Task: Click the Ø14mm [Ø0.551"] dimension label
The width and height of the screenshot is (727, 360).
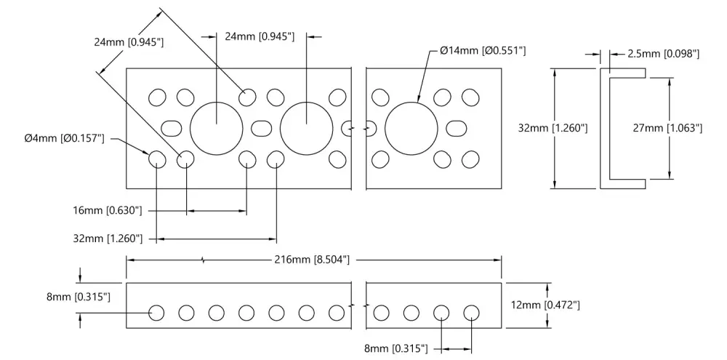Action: point(483,50)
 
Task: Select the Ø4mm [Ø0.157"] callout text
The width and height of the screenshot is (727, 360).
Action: point(65,138)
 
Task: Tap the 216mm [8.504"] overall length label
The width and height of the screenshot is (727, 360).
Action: point(312,260)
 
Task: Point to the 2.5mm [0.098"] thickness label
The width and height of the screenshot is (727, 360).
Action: point(663,55)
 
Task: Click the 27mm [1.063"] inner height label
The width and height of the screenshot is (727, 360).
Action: point(667,128)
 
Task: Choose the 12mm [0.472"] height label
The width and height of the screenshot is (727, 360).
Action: point(545,305)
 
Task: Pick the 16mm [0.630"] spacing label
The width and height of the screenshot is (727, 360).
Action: point(107,211)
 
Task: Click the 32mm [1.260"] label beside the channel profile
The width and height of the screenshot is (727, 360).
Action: point(553,128)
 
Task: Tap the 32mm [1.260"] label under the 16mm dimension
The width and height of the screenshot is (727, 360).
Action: point(108,239)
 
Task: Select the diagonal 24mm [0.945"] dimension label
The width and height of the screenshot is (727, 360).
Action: point(129,42)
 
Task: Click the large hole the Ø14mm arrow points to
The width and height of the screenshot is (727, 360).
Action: point(411,128)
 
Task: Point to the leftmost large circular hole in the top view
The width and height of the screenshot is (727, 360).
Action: point(217,128)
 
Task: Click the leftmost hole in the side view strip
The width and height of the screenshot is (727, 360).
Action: point(157,313)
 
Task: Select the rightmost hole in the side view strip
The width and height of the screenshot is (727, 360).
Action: point(472,313)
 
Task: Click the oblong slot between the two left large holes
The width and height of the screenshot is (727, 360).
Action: point(262,128)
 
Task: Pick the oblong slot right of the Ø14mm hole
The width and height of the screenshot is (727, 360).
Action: point(457,128)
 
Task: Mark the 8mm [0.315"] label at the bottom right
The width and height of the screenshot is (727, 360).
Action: point(396,348)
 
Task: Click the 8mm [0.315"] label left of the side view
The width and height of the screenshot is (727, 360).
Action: point(79,297)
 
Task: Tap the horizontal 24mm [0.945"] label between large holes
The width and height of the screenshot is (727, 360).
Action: point(260,36)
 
